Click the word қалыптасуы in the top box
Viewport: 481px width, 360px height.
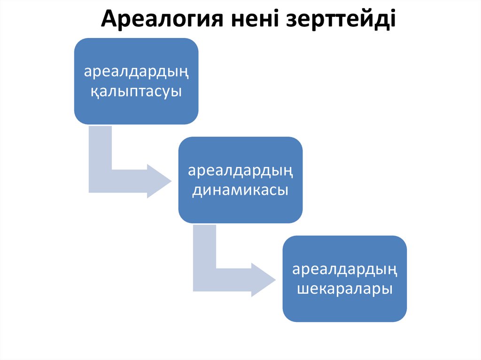click(136, 91)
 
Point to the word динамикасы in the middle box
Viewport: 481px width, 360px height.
click(240, 190)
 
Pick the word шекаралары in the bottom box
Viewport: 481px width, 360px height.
click(345, 289)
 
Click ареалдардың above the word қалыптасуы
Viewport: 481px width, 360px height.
click(136, 72)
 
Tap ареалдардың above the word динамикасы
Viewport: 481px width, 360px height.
click(240, 170)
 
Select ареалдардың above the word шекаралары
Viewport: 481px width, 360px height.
click(345, 269)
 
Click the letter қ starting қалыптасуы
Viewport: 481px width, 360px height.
click(94, 92)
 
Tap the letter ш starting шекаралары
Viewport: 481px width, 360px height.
click(303, 289)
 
